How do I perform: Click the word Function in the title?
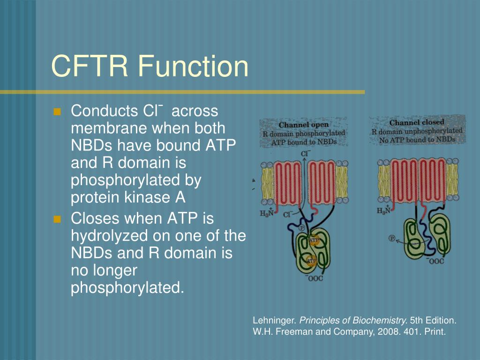point(193,66)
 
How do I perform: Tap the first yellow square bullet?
point(58,112)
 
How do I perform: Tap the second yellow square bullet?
point(58,219)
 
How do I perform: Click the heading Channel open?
point(304,125)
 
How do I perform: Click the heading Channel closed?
point(417,122)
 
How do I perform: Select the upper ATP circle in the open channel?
point(314,240)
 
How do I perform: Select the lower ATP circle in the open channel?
point(312,260)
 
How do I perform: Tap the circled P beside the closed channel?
point(392,238)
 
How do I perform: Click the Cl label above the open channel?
point(305,153)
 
